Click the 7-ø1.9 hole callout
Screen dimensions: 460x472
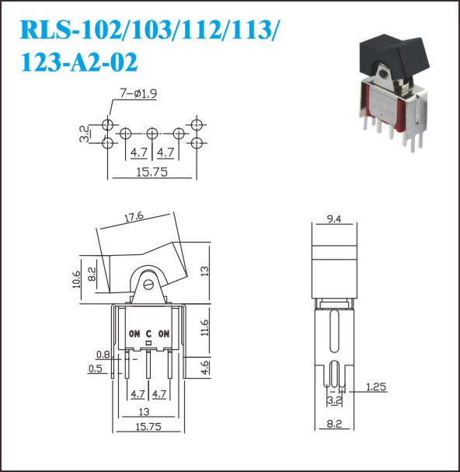pyautogui.click(x=138, y=94)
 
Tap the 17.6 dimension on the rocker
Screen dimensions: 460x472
pyautogui.click(x=134, y=217)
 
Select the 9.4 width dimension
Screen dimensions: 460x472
pyautogui.click(x=334, y=219)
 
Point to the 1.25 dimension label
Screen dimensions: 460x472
pyautogui.click(x=376, y=386)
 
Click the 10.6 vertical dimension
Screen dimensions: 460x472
pyautogui.click(x=77, y=279)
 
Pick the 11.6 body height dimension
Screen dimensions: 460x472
pyautogui.click(x=204, y=328)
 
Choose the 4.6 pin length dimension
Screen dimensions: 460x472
pyautogui.click(x=204, y=367)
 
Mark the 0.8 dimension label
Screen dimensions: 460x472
pyautogui.click(x=103, y=355)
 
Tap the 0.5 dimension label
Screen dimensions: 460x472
pyautogui.click(x=96, y=369)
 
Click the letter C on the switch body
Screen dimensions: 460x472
pyautogui.click(x=148, y=334)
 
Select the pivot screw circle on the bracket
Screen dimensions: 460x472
pyautogui.click(x=148, y=285)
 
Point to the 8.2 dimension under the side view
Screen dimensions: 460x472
pyautogui.click(x=334, y=424)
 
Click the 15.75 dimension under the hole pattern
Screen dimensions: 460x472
pyautogui.click(x=152, y=172)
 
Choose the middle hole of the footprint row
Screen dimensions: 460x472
pyautogui.click(x=152, y=134)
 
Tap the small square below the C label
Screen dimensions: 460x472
pyautogui.click(x=148, y=343)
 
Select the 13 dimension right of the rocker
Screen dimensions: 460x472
pyautogui.click(x=204, y=271)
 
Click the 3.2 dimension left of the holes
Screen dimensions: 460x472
pyautogui.click(x=85, y=134)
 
